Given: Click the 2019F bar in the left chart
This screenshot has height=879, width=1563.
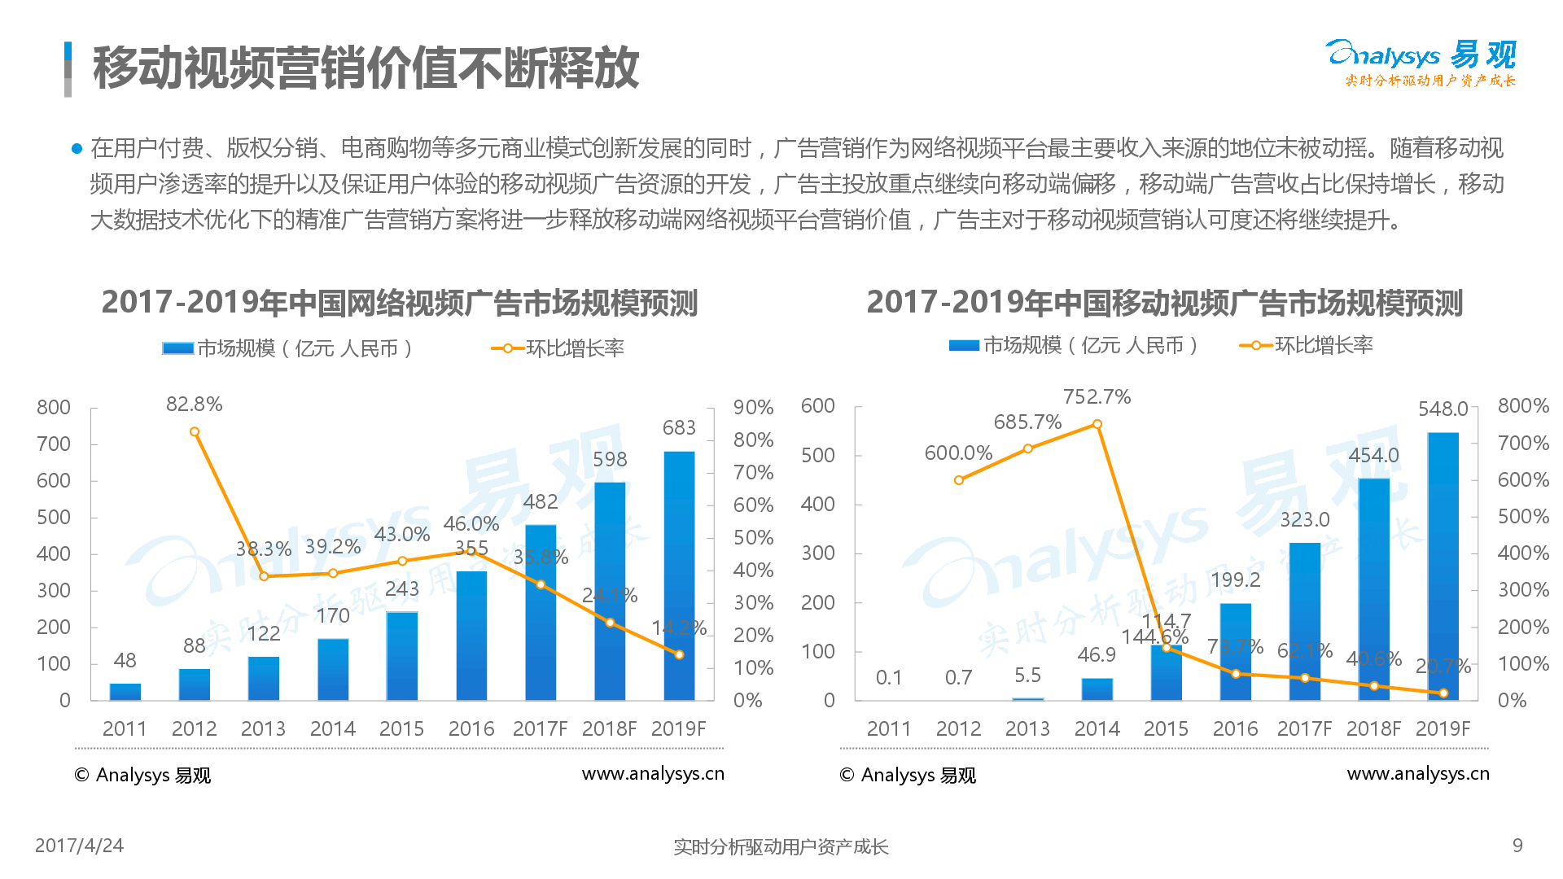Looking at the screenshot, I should pyautogui.click(x=679, y=576).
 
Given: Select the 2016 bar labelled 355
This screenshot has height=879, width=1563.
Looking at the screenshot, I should pyautogui.click(x=471, y=635).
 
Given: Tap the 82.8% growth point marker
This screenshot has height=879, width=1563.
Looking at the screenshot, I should pyautogui.click(x=195, y=432).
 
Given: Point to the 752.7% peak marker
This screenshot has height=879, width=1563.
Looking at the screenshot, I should pyautogui.click(x=1097, y=424).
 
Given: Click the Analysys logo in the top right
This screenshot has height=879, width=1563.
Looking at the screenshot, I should pyautogui.click(x=1421, y=62).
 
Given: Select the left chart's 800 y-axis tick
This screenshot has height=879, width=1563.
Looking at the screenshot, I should pyautogui.click(x=54, y=407).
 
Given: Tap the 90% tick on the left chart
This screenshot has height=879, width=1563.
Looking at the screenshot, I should pyautogui.click(x=753, y=407).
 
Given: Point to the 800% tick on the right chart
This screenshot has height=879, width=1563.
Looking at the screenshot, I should pyautogui.click(x=1522, y=405).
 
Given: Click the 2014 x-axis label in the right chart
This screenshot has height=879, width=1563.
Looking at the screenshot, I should pyautogui.click(x=1097, y=728).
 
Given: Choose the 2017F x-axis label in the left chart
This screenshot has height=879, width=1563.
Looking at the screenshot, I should pyautogui.click(x=540, y=728).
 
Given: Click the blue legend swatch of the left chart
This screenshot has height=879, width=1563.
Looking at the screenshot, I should pyautogui.click(x=177, y=348).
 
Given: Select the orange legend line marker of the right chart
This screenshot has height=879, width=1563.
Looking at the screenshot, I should pyautogui.click(x=1256, y=346).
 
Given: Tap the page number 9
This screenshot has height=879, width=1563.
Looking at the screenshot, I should pyautogui.click(x=1517, y=846).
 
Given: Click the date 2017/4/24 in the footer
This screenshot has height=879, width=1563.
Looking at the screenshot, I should pyautogui.click(x=79, y=846).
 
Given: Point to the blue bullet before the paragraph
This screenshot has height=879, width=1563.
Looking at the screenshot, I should pyautogui.click(x=77, y=148).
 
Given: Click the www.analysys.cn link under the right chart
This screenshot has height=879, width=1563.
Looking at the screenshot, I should pyautogui.click(x=1418, y=774).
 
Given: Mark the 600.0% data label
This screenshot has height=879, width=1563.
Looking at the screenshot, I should pyautogui.click(x=958, y=453).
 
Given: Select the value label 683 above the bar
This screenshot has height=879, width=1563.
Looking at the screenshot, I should pyautogui.click(x=679, y=427).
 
